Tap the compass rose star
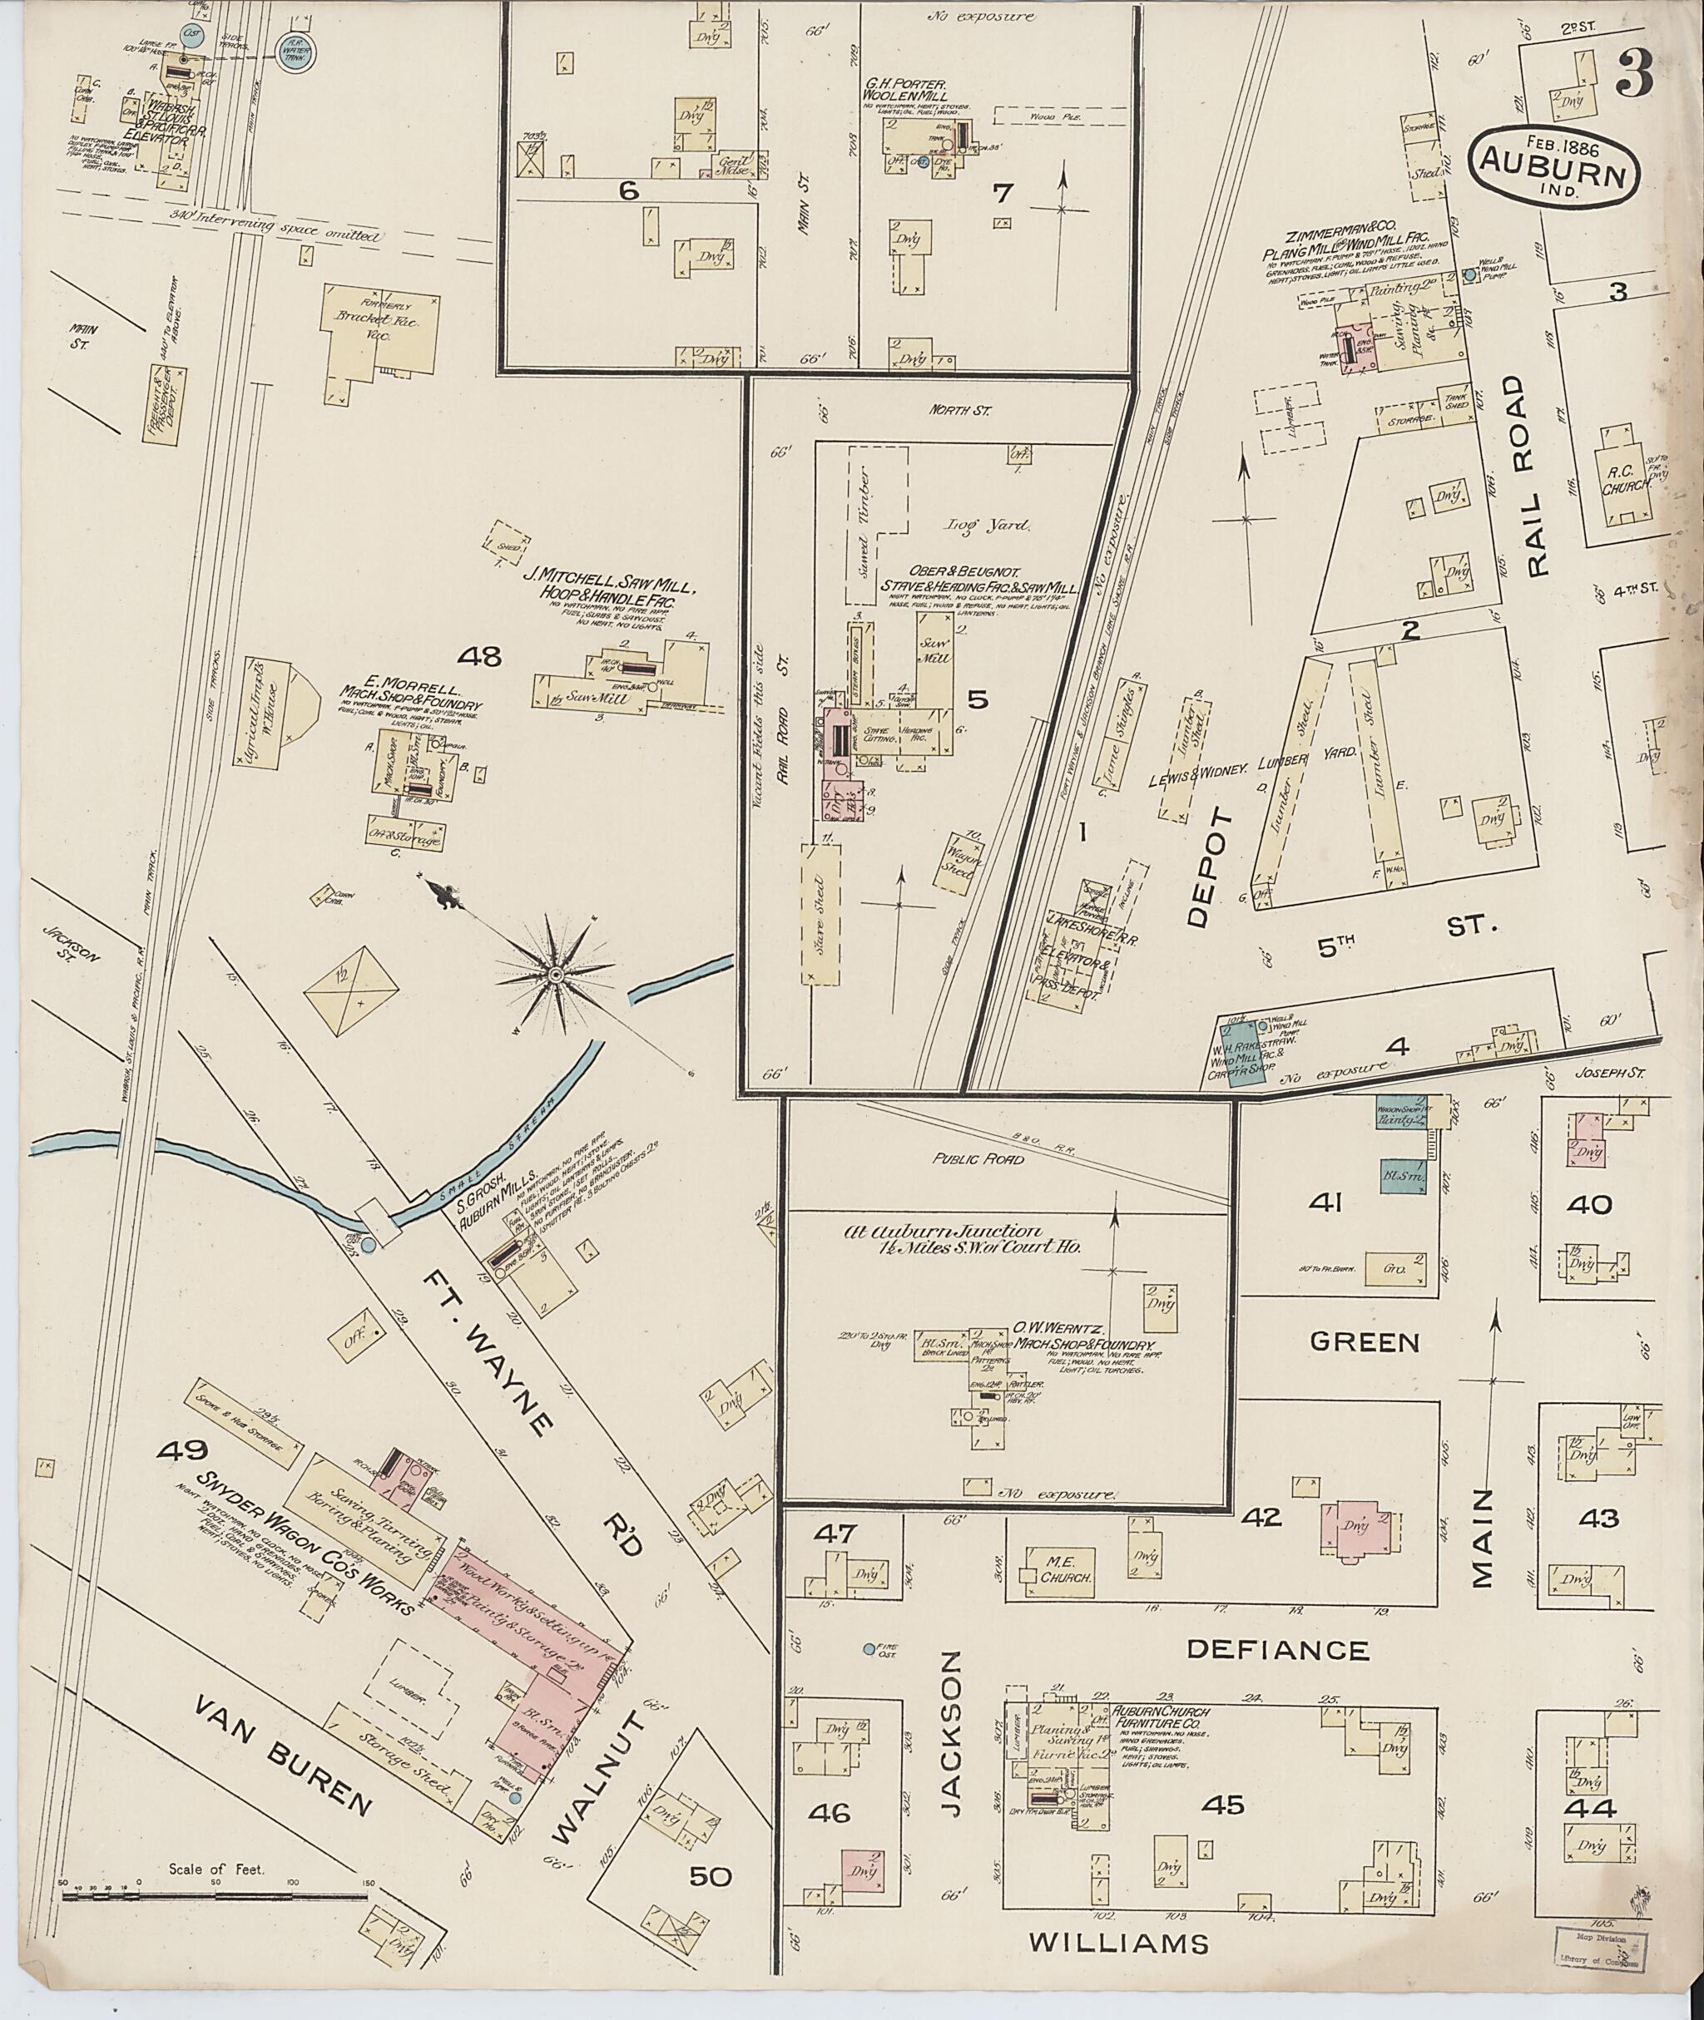556,976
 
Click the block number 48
480,659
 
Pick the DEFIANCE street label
1277,1650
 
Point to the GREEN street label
1364,1341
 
